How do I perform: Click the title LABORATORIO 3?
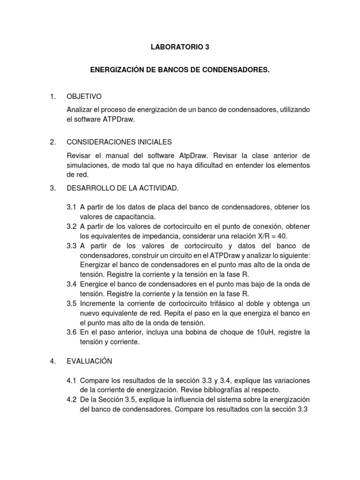click(177, 47)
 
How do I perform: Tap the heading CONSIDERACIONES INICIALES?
click(120, 142)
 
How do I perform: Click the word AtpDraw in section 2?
click(192, 155)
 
